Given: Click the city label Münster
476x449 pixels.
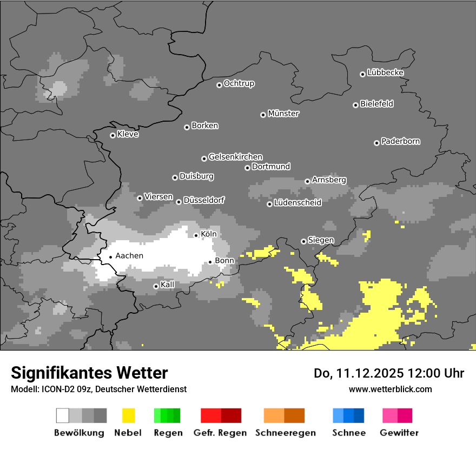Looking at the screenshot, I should point(283,114).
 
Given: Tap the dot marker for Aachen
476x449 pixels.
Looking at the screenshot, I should point(110,257).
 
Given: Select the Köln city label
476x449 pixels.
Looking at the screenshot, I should point(208,234).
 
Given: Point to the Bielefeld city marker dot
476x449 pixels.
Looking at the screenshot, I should point(356,105).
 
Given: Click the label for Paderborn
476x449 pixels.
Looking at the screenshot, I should point(400,142).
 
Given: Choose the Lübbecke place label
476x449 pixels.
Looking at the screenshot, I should point(385,72).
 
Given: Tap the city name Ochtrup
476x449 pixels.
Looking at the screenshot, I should point(239,84).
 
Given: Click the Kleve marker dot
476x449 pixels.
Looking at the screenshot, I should point(113,135).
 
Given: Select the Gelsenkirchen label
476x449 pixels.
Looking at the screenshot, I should point(235,157).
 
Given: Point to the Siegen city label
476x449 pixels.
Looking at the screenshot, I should point(321,240).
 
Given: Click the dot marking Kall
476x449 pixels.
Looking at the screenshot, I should point(156,286).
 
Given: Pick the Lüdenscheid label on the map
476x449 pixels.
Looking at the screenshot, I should point(297,203).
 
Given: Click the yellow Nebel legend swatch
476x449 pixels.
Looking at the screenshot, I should point(128,415).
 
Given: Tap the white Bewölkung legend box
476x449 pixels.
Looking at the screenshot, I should point(63,415).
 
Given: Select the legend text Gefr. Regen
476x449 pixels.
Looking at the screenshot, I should point(220,433).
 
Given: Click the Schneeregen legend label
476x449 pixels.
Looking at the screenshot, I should point(285,433).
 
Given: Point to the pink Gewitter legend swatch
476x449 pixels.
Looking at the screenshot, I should point(390,415).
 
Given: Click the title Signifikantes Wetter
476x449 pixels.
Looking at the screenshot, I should point(89,373).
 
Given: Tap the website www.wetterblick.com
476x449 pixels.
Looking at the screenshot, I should point(390,389).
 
